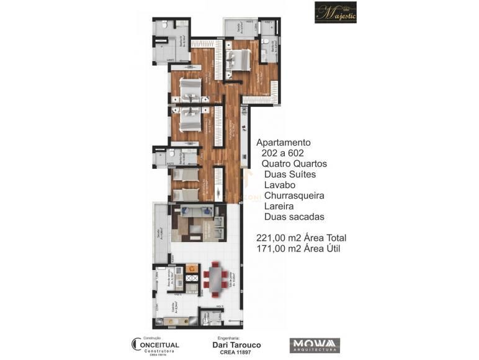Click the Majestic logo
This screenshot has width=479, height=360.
click(335, 12)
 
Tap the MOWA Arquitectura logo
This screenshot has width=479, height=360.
click(314, 344)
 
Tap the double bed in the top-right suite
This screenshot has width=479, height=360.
click(238, 60)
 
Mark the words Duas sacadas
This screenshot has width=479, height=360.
click(294, 217)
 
